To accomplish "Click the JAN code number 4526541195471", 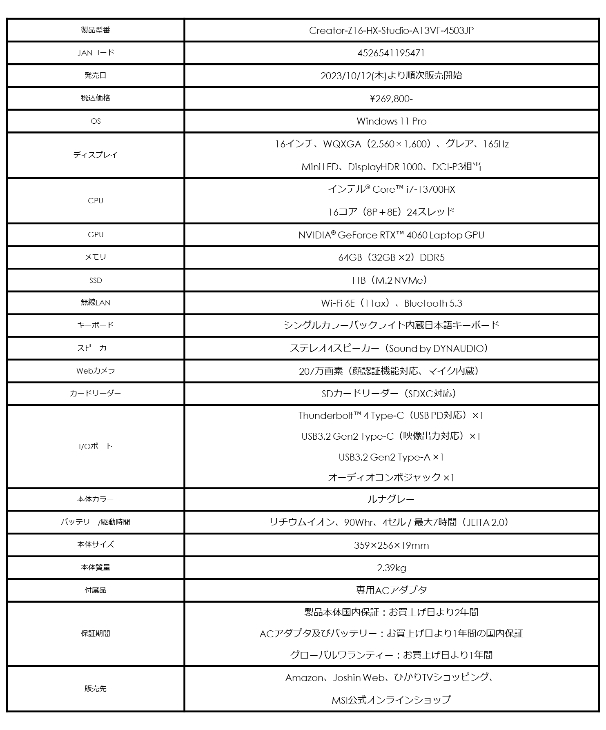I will (x=391, y=53).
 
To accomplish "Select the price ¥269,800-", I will (x=391, y=98).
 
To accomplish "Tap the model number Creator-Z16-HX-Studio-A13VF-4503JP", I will (x=391, y=31).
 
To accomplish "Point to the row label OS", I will (x=96, y=121).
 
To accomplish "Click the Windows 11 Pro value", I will (x=391, y=121).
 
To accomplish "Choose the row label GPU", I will (x=96, y=235).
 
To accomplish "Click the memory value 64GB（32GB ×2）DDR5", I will (x=391, y=258).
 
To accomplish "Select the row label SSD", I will (x=96, y=280).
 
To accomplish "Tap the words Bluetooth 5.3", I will (x=433, y=303).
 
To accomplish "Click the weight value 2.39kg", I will (x=391, y=568).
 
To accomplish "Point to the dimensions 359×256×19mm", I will (x=391, y=545).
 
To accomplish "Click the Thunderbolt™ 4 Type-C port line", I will (x=391, y=416).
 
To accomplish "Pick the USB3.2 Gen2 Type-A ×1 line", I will (x=391, y=457).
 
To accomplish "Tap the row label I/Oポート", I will (x=96, y=446).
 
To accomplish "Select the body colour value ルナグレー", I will (x=391, y=499).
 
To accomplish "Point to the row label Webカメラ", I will (x=96, y=371).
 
